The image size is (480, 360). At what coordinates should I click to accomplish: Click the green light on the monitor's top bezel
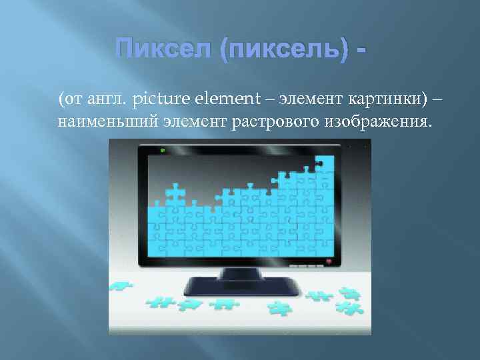click(x=163, y=151)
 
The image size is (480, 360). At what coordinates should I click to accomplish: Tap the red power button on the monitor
click(x=328, y=261)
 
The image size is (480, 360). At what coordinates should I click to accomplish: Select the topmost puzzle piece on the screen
click(x=324, y=163)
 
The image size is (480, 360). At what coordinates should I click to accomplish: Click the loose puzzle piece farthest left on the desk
click(x=121, y=287)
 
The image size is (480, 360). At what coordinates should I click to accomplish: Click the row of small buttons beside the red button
click(x=306, y=263)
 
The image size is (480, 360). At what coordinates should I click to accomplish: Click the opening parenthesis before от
click(x=61, y=100)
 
